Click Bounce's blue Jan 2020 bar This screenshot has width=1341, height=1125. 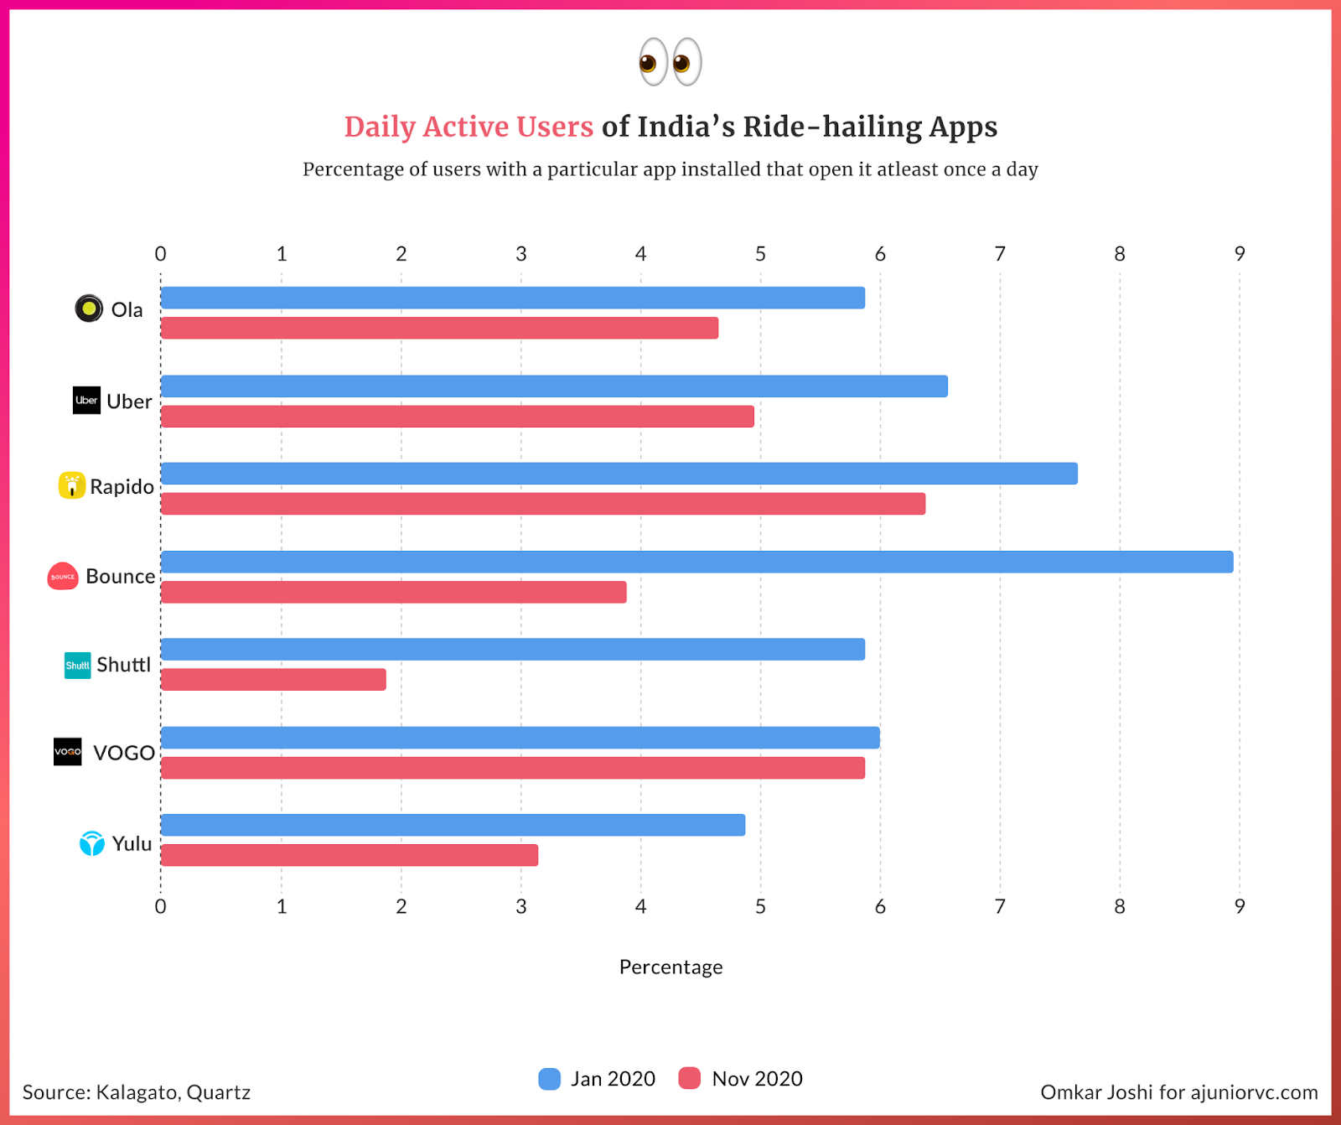(696, 562)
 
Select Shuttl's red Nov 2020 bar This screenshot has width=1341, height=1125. (273, 680)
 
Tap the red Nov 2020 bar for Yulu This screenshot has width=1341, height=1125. (349, 855)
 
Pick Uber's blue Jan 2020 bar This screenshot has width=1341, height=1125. (554, 386)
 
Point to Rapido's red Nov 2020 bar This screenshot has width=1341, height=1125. (543, 504)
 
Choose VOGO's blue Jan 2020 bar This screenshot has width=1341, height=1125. (520, 738)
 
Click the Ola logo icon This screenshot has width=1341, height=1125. (89, 308)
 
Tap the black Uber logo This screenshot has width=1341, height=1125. (86, 401)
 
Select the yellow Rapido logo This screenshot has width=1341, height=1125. (72, 485)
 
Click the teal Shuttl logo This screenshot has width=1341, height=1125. (77, 665)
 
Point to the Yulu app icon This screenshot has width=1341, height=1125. (91, 842)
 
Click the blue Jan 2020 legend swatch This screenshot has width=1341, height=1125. (550, 1079)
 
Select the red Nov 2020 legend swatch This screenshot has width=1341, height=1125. (690, 1079)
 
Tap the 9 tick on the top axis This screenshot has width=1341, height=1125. (1240, 254)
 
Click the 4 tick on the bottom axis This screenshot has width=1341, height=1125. (640, 906)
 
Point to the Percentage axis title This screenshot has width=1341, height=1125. (670, 967)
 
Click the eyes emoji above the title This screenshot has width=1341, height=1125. (670, 62)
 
